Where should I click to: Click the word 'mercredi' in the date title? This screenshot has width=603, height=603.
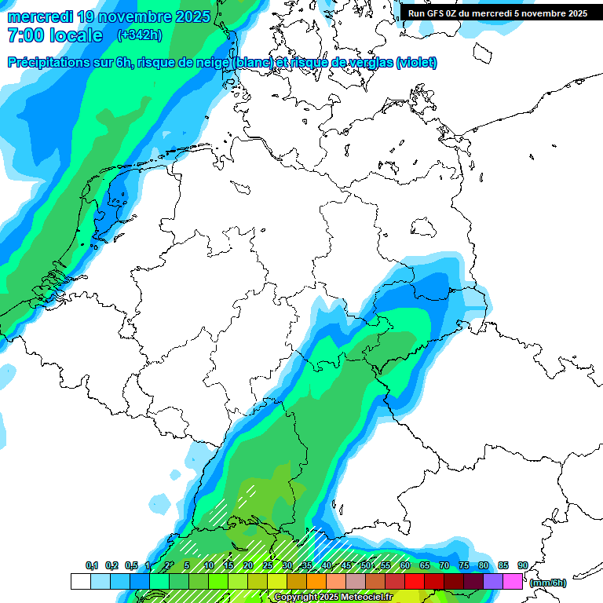[x=39, y=16]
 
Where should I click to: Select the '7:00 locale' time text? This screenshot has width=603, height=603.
[x=55, y=35]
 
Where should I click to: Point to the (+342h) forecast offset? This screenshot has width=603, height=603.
[x=140, y=35]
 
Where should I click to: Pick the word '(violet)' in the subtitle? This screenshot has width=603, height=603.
[x=417, y=63]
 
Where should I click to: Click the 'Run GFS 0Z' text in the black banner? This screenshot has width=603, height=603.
[x=434, y=13]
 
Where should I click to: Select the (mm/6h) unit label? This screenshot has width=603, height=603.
[x=548, y=582]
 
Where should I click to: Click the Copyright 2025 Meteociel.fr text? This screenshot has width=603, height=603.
[x=333, y=598]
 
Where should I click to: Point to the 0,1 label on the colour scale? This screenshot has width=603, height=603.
[x=91, y=566]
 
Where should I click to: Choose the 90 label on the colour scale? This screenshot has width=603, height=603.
[x=522, y=566]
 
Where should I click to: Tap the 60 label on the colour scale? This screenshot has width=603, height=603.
[x=405, y=566]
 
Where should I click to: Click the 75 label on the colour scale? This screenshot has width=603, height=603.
[x=464, y=566]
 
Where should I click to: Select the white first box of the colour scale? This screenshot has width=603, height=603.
[x=80, y=581]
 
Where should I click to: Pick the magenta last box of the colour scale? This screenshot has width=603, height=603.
[x=513, y=581]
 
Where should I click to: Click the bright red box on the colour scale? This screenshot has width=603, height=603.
[x=415, y=581]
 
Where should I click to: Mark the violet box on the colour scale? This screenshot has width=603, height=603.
[x=493, y=581]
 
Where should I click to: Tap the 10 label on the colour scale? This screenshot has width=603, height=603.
[x=209, y=566]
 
